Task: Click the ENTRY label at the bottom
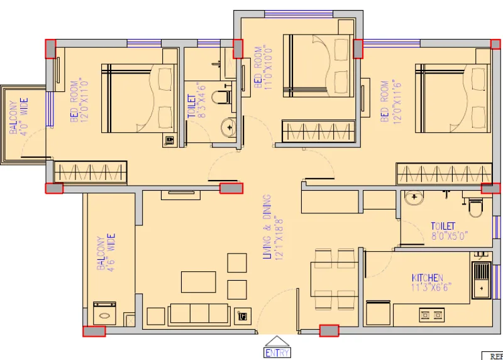pyautogui.click(x=277, y=352)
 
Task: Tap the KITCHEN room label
pyautogui.click(x=428, y=278)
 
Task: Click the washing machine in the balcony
pyautogui.click(x=104, y=313)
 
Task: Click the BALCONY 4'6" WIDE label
pyautogui.click(x=105, y=252)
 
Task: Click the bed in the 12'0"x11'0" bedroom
pyautogui.click(x=140, y=98)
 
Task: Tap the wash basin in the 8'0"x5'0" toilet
pyautogui.click(x=414, y=199)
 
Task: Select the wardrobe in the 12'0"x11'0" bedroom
pyautogui.click(x=91, y=172)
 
